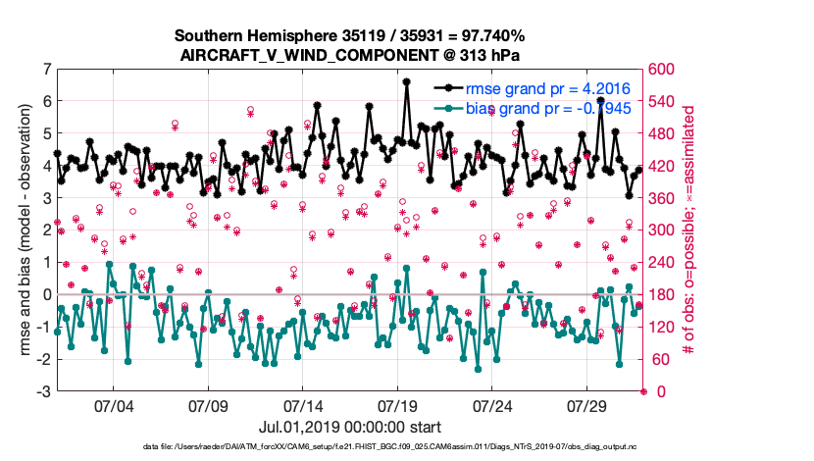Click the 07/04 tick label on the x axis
click(113, 405)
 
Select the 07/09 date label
click(208, 405)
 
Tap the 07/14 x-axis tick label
click(303, 405)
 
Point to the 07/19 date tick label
click(397, 405)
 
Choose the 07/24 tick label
click(492, 405)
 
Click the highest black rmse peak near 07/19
click(406, 82)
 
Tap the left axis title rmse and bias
click(23, 230)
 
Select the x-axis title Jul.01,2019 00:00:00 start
click(350, 427)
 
